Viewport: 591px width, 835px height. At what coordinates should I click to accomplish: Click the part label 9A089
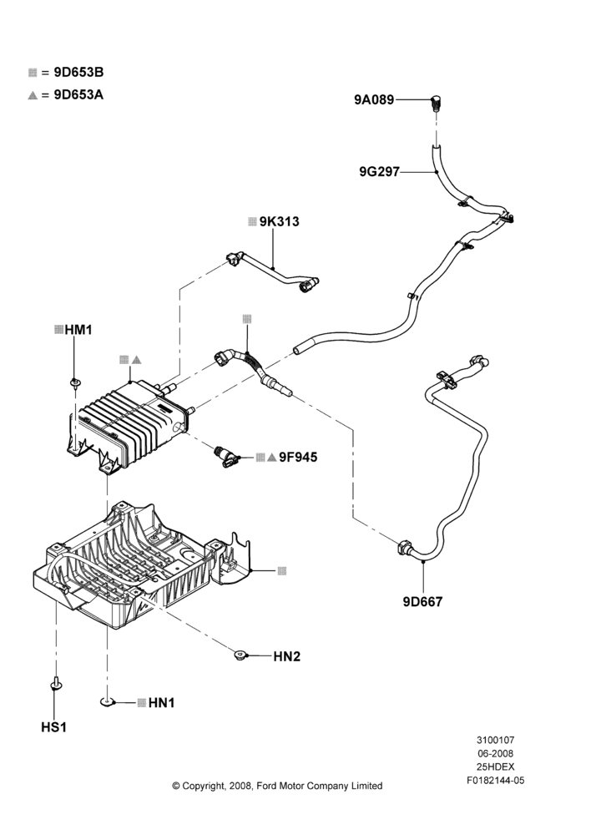374,99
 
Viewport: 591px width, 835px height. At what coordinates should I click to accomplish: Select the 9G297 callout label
379,171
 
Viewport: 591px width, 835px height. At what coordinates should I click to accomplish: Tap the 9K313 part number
279,221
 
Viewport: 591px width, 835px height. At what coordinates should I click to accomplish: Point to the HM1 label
78,330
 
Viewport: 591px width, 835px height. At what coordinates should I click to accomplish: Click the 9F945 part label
298,457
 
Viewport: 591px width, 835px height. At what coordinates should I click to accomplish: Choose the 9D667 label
422,602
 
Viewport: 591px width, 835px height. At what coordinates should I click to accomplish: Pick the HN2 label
287,656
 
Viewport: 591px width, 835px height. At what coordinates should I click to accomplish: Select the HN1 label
161,703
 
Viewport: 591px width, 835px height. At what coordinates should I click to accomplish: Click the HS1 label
53,727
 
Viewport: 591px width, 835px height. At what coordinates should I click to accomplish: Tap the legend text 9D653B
78,73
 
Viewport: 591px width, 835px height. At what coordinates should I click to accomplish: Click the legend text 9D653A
78,95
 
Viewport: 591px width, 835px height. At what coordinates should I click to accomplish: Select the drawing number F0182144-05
495,781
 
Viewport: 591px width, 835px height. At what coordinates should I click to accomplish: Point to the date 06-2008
495,753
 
